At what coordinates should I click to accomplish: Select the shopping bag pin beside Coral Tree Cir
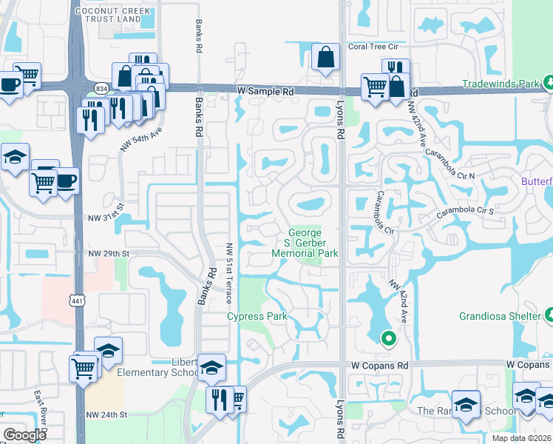click(x=325, y=58)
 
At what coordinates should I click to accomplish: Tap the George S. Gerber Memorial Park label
click(x=305, y=243)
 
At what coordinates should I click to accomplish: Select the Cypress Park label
click(x=257, y=317)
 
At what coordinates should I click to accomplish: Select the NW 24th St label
click(x=107, y=414)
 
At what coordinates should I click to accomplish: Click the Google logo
click(x=25, y=435)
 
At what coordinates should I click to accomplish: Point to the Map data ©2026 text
click(x=521, y=438)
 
